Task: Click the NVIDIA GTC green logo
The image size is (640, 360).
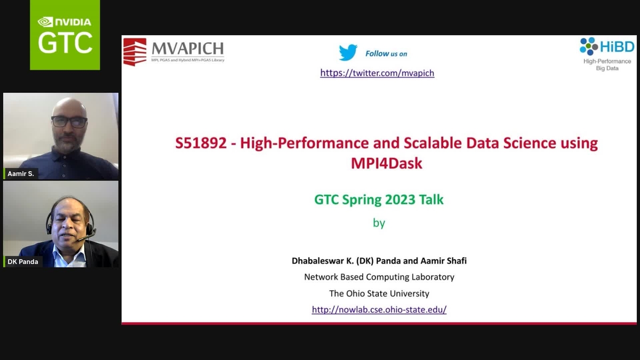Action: (x=65, y=35)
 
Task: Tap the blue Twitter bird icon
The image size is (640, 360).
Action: (x=348, y=53)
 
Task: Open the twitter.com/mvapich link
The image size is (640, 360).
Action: (x=377, y=73)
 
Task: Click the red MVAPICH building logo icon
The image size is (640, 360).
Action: (x=134, y=52)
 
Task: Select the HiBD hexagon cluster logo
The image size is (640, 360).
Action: (x=589, y=46)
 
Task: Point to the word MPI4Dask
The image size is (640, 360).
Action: (x=386, y=163)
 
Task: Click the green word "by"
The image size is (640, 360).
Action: (x=379, y=222)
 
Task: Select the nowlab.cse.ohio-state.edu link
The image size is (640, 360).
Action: (x=379, y=309)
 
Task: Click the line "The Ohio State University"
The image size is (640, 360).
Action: (x=379, y=293)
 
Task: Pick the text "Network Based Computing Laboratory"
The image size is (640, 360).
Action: (x=379, y=277)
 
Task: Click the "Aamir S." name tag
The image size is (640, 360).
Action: (x=21, y=174)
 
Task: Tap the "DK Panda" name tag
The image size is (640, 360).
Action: (x=22, y=262)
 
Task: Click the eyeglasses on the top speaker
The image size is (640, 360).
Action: (x=69, y=122)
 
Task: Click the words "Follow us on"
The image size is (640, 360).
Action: (x=386, y=53)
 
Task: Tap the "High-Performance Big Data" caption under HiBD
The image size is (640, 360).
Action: (x=607, y=65)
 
